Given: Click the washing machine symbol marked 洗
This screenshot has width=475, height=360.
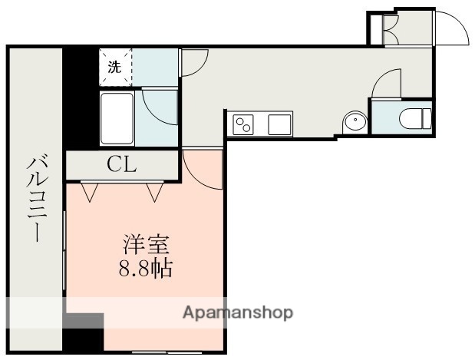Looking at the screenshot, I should [x=115, y=67].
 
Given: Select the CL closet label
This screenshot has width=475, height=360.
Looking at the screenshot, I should [x=121, y=163].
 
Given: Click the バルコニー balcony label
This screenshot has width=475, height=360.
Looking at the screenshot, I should [x=35, y=198].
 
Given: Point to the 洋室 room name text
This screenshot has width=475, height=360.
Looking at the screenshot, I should [x=145, y=247].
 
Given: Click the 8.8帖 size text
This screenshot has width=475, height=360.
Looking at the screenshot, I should [x=145, y=268].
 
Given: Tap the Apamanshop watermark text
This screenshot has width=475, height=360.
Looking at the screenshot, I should [x=237, y=313].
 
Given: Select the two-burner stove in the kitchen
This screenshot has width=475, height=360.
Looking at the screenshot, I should [x=244, y=124].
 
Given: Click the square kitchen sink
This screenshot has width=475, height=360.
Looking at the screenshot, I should [x=279, y=124].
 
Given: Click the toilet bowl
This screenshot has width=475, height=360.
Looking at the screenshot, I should [x=415, y=118].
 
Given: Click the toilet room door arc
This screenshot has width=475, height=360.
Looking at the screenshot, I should [x=390, y=82].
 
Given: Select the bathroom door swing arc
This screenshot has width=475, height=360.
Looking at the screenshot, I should [x=160, y=108].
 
